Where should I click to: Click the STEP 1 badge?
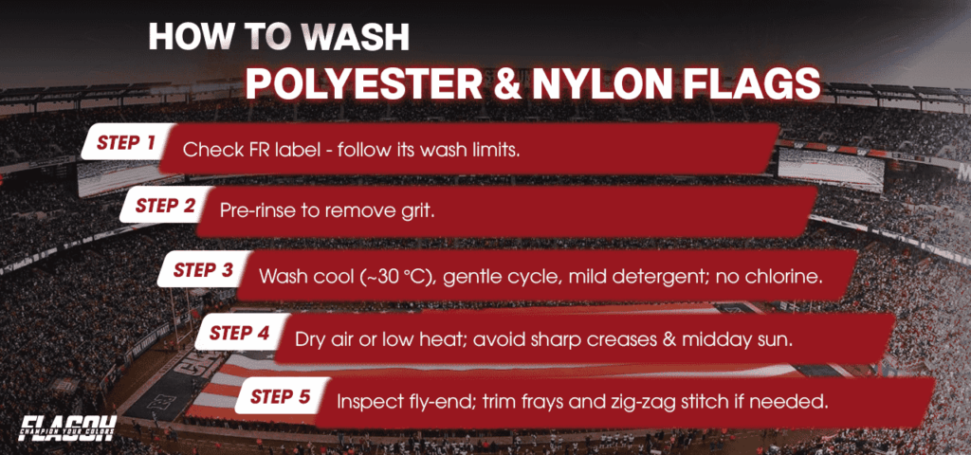click(x=126, y=143)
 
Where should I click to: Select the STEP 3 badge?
click(x=204, y=270)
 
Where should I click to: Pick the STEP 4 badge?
click(x=240, y=333)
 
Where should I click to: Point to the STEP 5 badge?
click(x=280, y=396)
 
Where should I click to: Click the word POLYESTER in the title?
click(x=363, y=85)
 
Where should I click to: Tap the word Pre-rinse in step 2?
click(x=251, y=210)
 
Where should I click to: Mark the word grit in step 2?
click(x=422, y=211)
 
